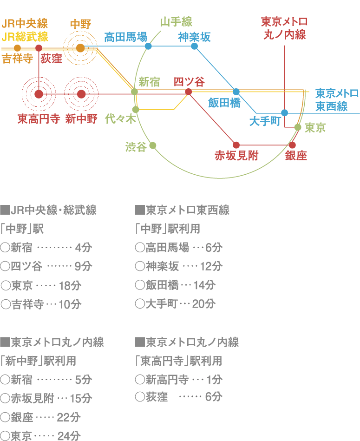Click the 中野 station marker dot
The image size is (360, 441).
tap(80, 48)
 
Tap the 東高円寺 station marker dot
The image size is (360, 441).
tap(39, 94)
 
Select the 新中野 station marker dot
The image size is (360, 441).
tap(82, 94)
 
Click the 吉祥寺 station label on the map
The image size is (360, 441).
tap(17, 59)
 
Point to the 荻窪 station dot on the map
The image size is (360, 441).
tap(39, 48)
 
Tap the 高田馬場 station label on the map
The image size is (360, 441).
tap(125, 37)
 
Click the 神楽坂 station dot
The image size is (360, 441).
tap(195, 46)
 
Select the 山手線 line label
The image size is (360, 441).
tap(176, 22)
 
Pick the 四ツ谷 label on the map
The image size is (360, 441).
tap(189, 82)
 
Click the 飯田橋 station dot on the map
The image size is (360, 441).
tap(236, 92)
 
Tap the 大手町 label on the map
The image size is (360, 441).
tap(265, 121)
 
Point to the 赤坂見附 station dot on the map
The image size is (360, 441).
tap(236, 145)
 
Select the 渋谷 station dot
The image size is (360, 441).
tap(152, 145)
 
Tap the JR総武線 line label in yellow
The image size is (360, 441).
tap(25, 36)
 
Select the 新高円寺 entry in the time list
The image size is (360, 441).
tap(167, 380)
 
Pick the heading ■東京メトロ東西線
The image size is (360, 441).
tap(182, 210)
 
